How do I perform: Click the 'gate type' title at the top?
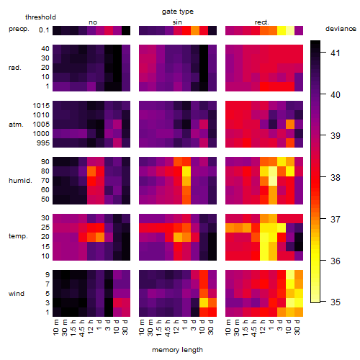tap(178, 12)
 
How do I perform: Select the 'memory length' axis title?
tap(177, 350)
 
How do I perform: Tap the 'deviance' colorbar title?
tap(341, 29)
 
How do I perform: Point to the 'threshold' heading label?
tap(40, 17)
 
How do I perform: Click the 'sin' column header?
tap(177, 22)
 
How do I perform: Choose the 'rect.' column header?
tap(262, 22)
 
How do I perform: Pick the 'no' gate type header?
tap(93, 22)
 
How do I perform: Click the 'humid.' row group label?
tap(20, 181)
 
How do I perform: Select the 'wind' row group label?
tap(17, 294)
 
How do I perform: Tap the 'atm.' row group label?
tap(16, 125)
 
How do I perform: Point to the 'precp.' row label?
tap(19, 29)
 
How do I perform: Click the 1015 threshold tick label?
tap(41, 106)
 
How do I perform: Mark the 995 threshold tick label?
tap(43, 143)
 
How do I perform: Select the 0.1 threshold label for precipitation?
tap(44, 30)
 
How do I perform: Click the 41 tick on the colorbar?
tap(336, 53)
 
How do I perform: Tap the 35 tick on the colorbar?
tap(336, 302)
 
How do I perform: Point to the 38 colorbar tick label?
tap(336, 178)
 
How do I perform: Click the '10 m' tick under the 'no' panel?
tap(55, 328)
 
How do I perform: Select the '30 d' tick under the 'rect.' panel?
tap(297, 328)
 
